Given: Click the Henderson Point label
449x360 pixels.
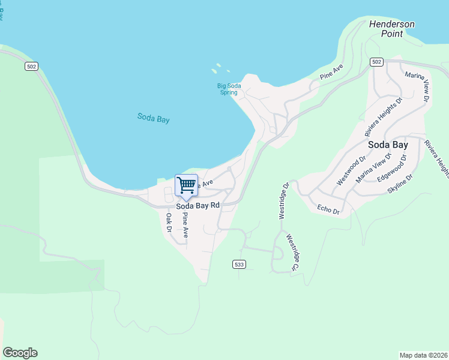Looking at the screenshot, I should click(391, 29).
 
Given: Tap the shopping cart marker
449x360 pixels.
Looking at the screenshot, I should click(187, 185).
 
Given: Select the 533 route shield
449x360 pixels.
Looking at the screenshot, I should click(239, 264).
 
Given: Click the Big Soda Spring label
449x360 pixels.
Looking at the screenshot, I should click(229, 89).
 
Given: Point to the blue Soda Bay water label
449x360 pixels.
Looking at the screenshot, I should click(153, 118).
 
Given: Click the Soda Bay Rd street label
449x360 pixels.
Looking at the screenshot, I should click(197, 205).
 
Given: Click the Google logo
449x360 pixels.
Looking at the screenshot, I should click(20, 353).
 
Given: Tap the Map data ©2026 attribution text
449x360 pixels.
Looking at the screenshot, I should click(423, 355).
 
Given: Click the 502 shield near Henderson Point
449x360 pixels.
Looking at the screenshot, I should click(376, 62).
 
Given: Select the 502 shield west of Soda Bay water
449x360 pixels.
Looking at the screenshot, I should click(31, 66).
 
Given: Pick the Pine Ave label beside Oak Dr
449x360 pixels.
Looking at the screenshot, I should click(185, 225).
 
